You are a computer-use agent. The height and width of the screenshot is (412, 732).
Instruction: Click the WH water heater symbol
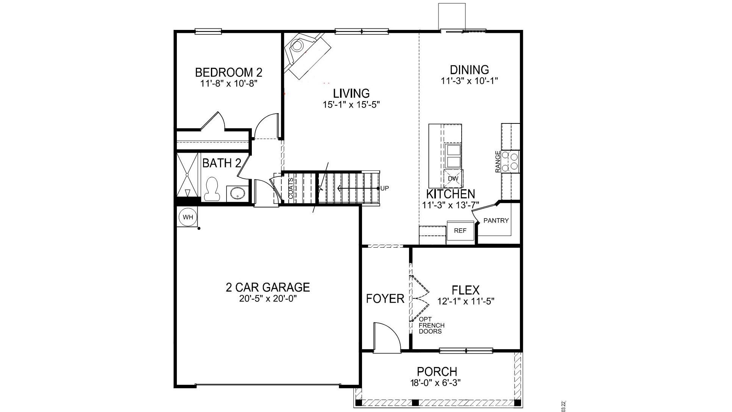coord(188,217)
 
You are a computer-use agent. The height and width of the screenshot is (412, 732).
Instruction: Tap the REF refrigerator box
coord(460,230)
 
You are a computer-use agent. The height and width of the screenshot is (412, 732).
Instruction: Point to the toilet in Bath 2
coord(212,189)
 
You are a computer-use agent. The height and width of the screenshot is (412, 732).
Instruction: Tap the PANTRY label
coord(496,220)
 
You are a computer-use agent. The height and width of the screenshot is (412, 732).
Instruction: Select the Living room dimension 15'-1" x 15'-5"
coord(351,105)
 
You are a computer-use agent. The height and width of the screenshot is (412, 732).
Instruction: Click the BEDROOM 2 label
coord(228,72)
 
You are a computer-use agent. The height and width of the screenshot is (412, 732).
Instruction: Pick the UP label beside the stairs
coord(385,188)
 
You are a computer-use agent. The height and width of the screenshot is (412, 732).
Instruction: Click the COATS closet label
coord(290,189)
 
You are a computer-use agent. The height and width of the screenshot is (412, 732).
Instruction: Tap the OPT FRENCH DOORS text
coord(431,325)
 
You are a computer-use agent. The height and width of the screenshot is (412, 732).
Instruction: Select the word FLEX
coord(465,290)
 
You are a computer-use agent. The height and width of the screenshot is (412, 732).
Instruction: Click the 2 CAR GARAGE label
coord(268,287)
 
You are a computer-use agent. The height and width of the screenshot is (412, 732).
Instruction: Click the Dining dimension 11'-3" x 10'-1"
coord(469,81)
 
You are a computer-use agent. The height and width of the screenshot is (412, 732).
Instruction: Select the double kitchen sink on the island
coord(453,156)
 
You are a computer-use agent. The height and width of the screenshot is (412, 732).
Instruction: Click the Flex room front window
coord(466,351)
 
